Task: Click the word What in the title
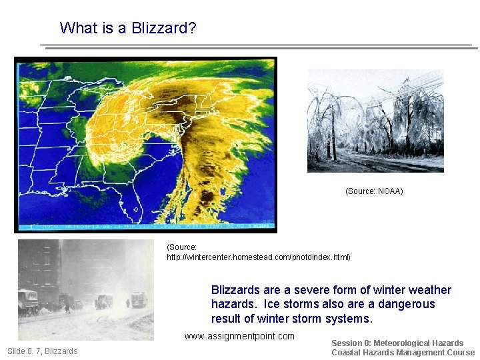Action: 75,28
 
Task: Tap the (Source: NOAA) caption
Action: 374,191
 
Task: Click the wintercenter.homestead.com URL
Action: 258,257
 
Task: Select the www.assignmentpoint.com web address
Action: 239,336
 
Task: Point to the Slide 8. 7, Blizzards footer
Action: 42,351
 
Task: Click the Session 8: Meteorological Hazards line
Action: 397,343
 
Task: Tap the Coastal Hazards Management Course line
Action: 403,353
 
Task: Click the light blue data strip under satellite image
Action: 145,226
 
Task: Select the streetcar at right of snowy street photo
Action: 137,300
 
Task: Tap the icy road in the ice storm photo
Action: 360,161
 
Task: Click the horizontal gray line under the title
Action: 260,47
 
